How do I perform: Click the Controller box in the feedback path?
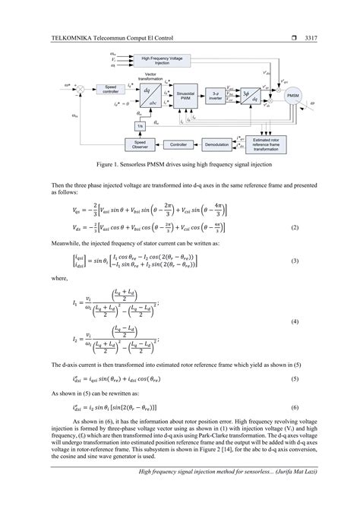point(178,143)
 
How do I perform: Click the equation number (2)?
point(314,227)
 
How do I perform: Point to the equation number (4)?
point(314,321)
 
